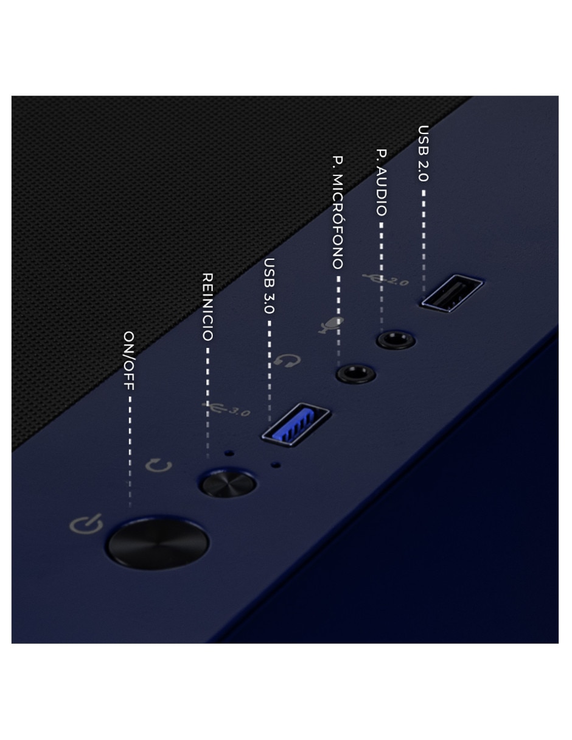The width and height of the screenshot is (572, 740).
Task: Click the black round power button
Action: (158, 543)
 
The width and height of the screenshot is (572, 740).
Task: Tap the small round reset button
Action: (228, 484)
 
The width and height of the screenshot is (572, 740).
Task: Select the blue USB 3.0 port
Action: (296, 425)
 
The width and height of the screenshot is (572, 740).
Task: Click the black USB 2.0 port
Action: (452, 293)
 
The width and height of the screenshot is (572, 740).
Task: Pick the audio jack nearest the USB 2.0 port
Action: (396, 339)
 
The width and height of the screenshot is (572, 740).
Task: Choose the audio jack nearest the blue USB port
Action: (356, 373)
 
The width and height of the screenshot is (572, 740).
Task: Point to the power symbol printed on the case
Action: (86, 524)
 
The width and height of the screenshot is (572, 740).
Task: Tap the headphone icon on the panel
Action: (287, 361)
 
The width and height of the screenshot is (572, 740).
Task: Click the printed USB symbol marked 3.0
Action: (226, 409)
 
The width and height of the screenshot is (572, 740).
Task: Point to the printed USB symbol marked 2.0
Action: (385, 279)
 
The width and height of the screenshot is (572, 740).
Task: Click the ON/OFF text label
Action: (129, 361)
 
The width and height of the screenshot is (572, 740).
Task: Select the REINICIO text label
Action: (208, 307)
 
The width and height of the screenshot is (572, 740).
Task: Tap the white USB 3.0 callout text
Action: (270, 286)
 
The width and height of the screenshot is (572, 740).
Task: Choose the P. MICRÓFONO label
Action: (338, 213)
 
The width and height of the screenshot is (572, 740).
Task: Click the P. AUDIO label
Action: (382, 183)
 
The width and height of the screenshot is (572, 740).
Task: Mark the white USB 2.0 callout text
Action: (424, 153)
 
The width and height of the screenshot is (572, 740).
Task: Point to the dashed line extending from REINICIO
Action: (208, 403)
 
